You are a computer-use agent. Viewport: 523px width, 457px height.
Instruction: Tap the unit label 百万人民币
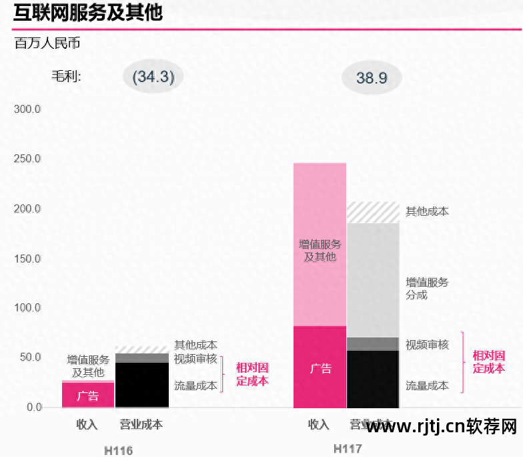47,44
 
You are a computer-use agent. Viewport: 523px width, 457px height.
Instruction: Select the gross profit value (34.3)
153,77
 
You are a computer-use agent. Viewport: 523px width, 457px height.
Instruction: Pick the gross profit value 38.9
372,78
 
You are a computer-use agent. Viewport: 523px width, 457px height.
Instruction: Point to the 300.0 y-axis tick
27,109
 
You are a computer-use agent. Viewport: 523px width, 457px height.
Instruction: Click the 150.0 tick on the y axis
27,259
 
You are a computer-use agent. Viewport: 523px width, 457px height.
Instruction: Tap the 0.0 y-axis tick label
31,408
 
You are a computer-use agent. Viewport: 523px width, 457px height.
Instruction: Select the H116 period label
118,450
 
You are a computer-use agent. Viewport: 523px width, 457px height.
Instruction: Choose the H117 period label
348,448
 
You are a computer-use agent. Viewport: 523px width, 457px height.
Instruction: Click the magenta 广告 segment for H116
87,395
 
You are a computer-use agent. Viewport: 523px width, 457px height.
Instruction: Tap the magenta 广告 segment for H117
320,367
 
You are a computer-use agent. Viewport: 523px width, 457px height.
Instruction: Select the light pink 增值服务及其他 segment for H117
320,245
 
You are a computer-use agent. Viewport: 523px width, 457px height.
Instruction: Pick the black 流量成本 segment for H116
142,385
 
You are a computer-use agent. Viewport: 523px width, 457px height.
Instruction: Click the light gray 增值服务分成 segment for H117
373,281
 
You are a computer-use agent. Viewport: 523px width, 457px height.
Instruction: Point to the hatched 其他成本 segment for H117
373,212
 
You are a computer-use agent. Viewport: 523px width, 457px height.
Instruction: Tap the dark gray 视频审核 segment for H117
373,344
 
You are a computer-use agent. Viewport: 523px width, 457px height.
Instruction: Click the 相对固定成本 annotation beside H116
252,374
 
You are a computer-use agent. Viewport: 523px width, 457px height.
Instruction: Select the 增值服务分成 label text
427,289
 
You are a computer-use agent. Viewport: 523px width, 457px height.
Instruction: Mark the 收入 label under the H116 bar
87,425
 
